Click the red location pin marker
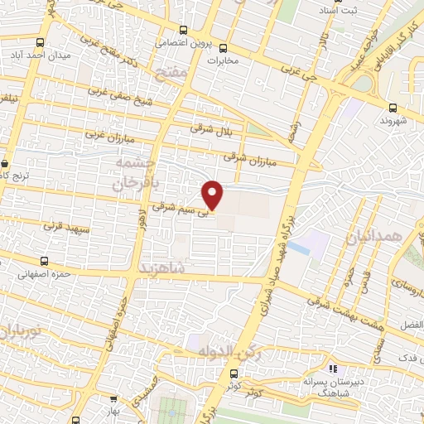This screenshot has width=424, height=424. (x=214, y=195)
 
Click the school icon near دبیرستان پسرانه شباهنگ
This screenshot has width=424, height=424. (x=333, y=369)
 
